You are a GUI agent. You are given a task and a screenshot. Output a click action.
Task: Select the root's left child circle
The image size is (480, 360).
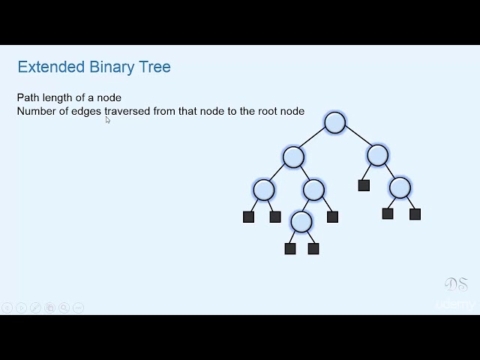pyautogui.click(x=293, y=157)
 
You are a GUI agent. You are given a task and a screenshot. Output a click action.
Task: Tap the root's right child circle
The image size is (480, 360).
pyautogui.click(x=378, y=155)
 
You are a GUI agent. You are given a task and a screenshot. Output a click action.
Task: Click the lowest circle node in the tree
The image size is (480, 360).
pyautogui.click(x=301, y=221)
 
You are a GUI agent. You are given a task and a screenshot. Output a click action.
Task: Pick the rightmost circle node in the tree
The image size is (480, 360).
pyautogui.click(x=400, y=187)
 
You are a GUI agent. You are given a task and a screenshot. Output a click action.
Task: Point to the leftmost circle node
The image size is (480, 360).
pyautogui.click(x=264, y=190)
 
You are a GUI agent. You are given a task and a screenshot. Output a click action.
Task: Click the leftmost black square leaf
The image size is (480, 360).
pyautogui.click(x=249, y=217)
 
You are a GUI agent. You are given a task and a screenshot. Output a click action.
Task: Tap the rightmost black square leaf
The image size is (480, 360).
pyautogui.click(x=415, y=214)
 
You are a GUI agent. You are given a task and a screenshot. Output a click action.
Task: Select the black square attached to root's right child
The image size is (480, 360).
pyautogui.click(x=364, y=185)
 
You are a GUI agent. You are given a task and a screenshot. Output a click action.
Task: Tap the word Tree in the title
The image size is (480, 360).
pyautogui.click(x=154, y=67)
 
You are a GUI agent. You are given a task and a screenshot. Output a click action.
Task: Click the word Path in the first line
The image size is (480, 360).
pyautogui.click(x=28, y=97)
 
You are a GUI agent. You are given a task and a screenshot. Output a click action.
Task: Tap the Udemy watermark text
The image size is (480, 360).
pyautogui.click(x=455, y=304)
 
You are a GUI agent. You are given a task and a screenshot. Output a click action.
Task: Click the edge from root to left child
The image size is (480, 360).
pyautogui.click(x=314, y=140)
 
